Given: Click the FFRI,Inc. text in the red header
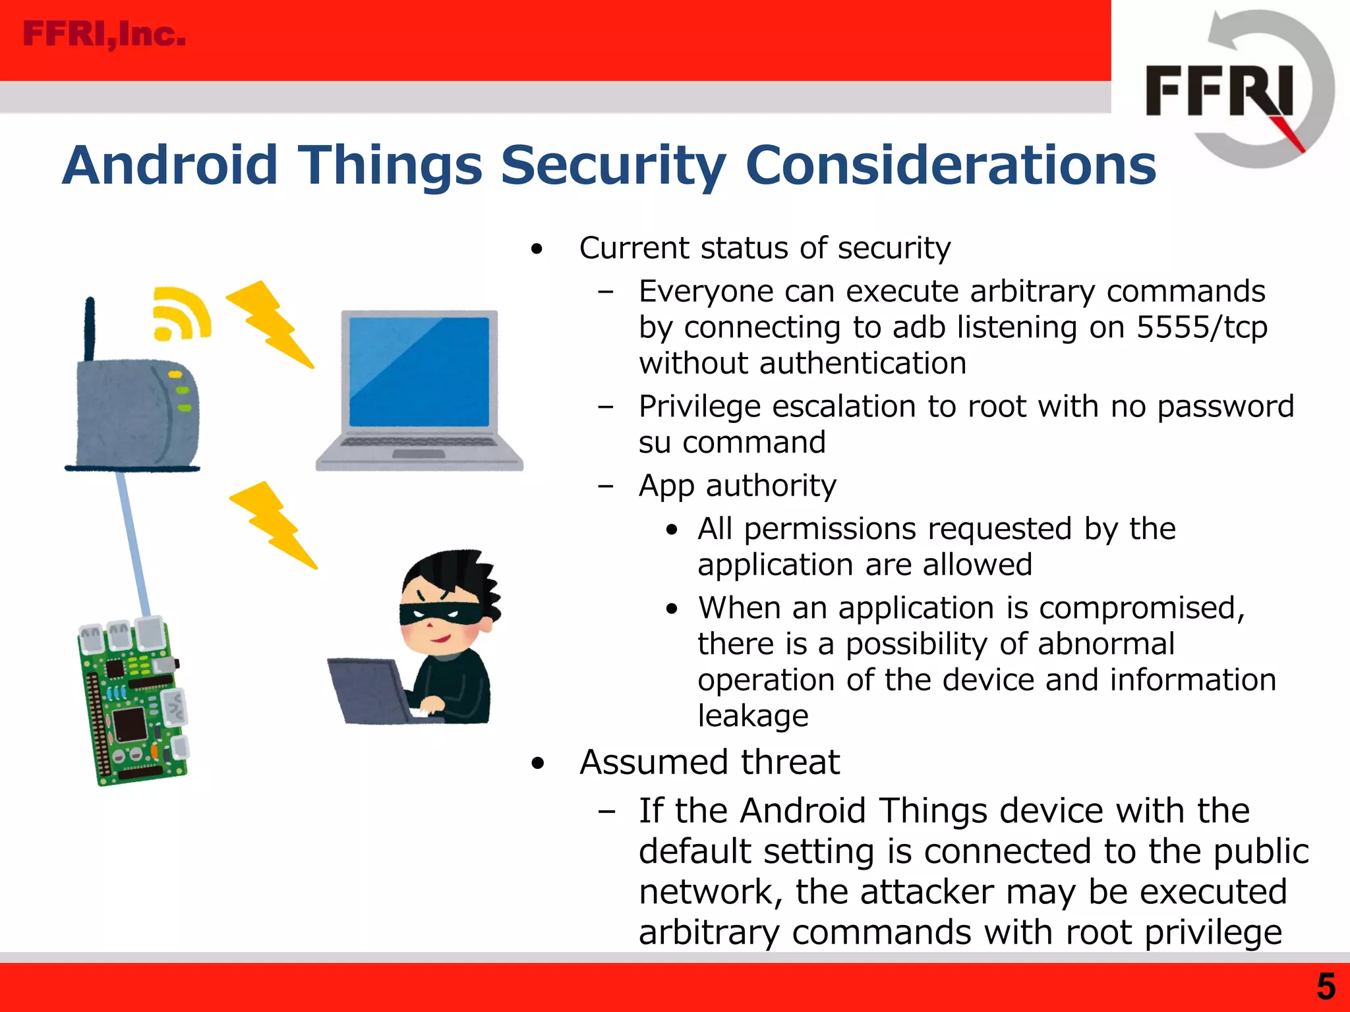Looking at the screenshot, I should tap(104, 34).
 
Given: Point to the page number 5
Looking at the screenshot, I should tap(1326, 987).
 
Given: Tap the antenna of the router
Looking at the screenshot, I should tap(90, 329).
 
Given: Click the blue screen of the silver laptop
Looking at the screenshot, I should tap(419, 372).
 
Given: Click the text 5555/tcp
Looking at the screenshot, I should tap(1202, 327).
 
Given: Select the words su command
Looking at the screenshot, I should tap(732, 442).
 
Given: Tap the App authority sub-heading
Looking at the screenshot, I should tap(737, 486).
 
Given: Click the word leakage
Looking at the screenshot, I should tap(753, 716).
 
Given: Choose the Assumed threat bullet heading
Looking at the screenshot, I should tap(709, 762).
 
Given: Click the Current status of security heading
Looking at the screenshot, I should tap(765, 248).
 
